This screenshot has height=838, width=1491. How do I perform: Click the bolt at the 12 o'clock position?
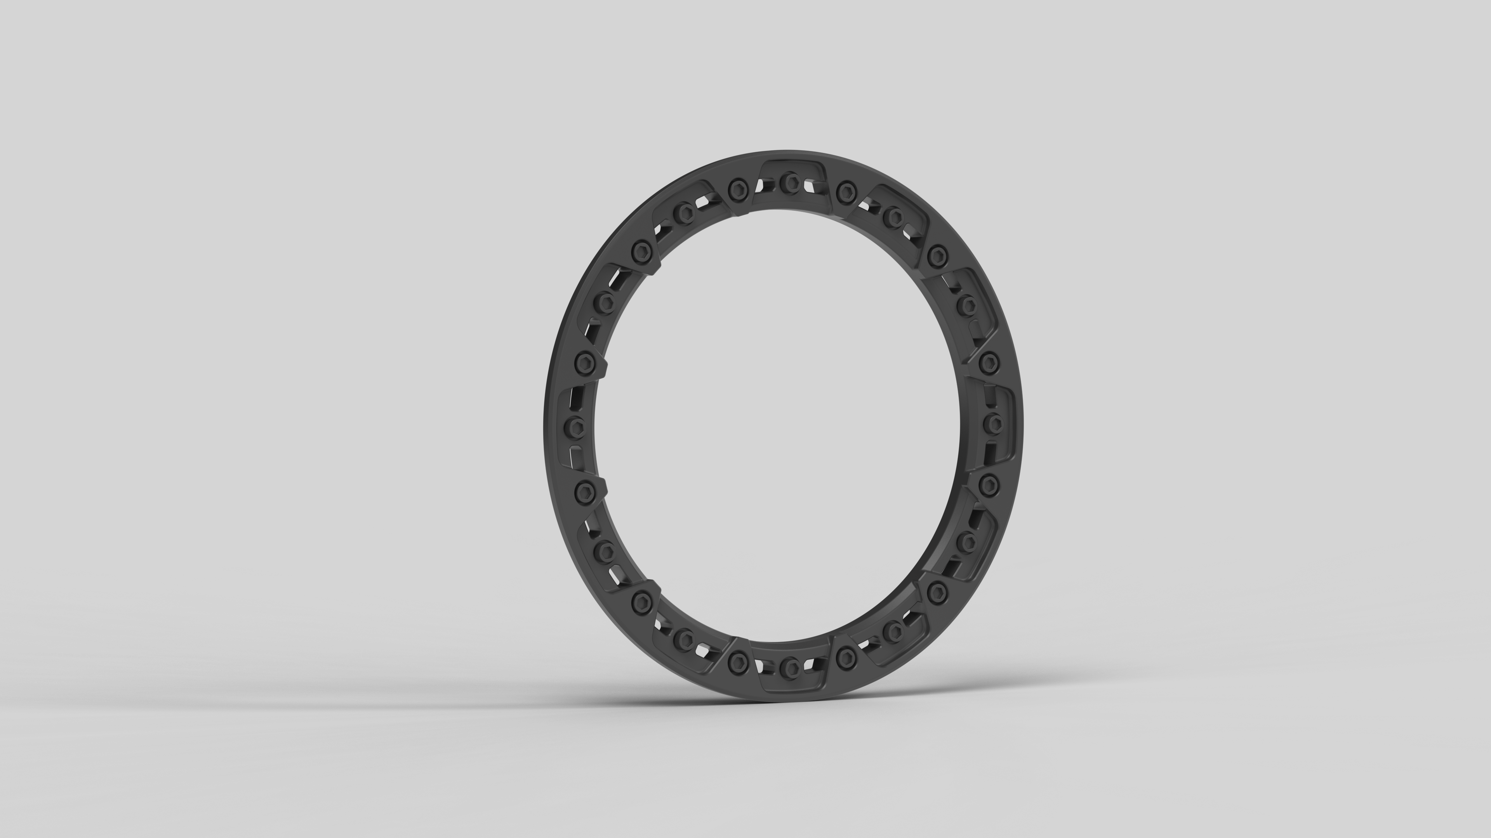click(x=789, y=183)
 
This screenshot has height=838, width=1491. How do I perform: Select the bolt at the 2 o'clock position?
click(x=965, y=303)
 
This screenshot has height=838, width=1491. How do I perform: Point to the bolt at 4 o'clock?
click(x=965, y=541)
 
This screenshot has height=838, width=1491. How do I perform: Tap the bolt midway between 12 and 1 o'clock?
click(x=846, y=188)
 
